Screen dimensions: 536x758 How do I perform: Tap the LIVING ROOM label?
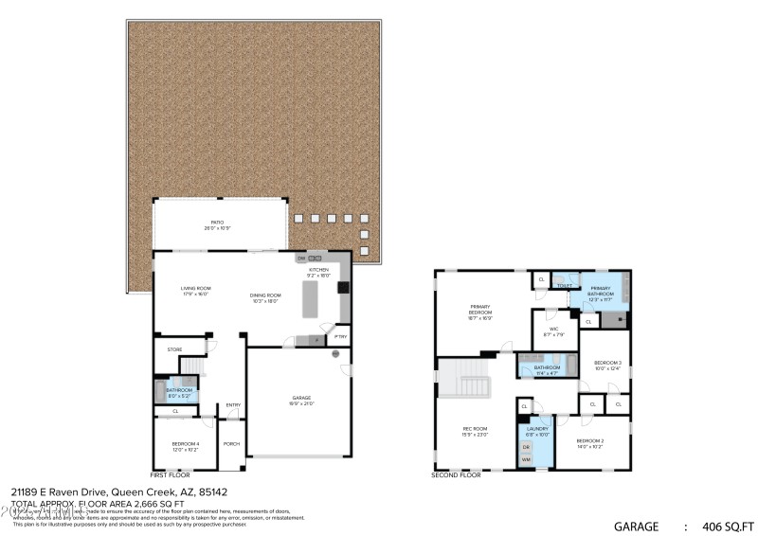196,288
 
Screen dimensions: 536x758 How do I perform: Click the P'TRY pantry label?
340,337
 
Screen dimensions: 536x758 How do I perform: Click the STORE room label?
174,349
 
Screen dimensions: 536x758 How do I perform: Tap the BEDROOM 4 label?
185,443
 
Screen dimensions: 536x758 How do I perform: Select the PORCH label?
231,443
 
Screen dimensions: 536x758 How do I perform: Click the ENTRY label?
233,405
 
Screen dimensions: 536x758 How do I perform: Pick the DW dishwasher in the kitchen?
301,258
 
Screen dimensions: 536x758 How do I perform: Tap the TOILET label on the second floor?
565,285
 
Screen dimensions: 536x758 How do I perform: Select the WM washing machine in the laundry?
526,459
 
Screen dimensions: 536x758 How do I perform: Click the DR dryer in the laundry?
526,447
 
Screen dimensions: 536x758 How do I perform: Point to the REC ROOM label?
475,429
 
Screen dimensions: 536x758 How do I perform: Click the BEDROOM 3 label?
607,363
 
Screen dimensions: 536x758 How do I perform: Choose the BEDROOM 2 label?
590,441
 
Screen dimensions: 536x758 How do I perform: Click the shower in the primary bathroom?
617,319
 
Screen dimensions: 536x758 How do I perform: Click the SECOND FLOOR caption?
457,474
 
